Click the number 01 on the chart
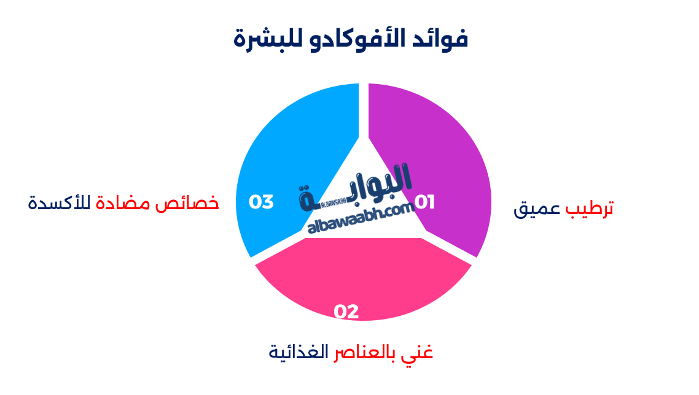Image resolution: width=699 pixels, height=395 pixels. coord(424,202)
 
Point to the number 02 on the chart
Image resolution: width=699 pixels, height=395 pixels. coord(346,312)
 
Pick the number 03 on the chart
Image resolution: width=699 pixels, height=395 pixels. coord(261,202)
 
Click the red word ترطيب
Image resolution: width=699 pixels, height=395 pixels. coord(590,209)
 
